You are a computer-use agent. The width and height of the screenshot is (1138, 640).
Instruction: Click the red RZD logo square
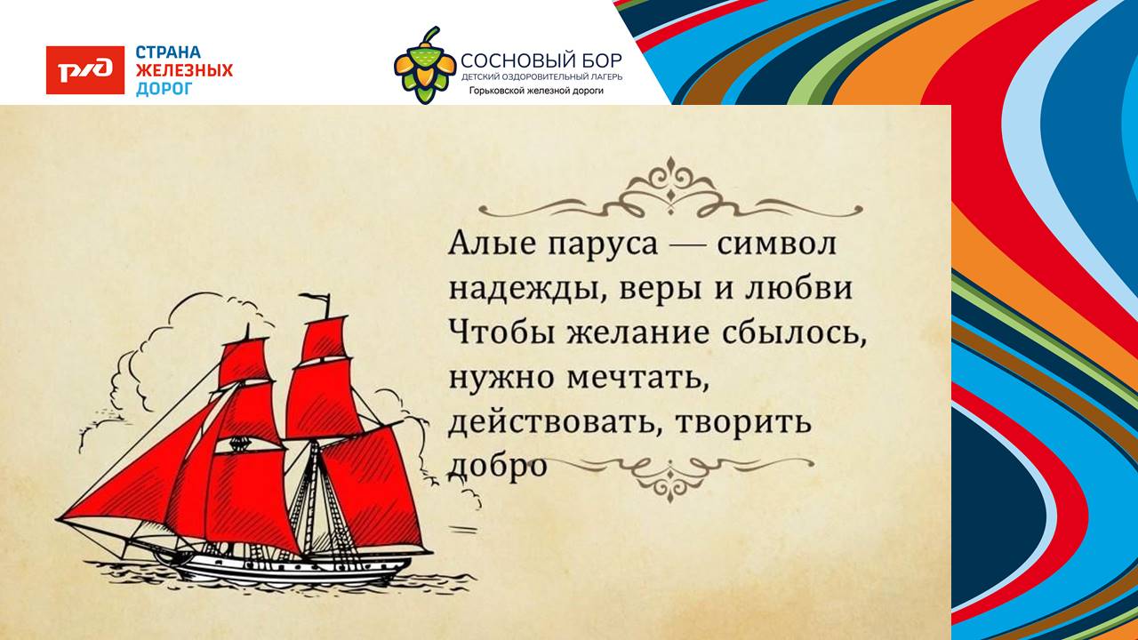pyautogui.click(x=85, y=70)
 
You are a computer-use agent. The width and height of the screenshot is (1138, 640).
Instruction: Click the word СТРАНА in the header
pyautogui.click(x=168, y=52)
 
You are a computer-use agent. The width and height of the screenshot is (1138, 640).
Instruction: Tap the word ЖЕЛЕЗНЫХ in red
pyautogui.click(x=184, y=70)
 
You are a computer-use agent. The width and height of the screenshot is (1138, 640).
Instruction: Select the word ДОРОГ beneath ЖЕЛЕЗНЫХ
pyautogui.click(x=164, y=88)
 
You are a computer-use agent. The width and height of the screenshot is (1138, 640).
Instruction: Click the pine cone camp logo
pyautogui.click(x=425, y=65)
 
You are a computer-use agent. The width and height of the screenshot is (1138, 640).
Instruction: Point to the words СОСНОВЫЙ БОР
pyautogui.click(x=541, y=61)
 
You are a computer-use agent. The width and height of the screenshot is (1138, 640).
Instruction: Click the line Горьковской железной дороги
pyautogui.click(x=536, y=92)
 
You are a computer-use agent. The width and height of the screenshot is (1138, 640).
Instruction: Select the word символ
pyautogui.click(x=777, y=244)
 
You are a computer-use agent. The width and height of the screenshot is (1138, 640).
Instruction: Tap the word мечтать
pyautogui.click(x=637, y=380)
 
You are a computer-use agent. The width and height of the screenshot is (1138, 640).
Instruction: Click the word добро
pyautogui.click(x=498, y=467)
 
